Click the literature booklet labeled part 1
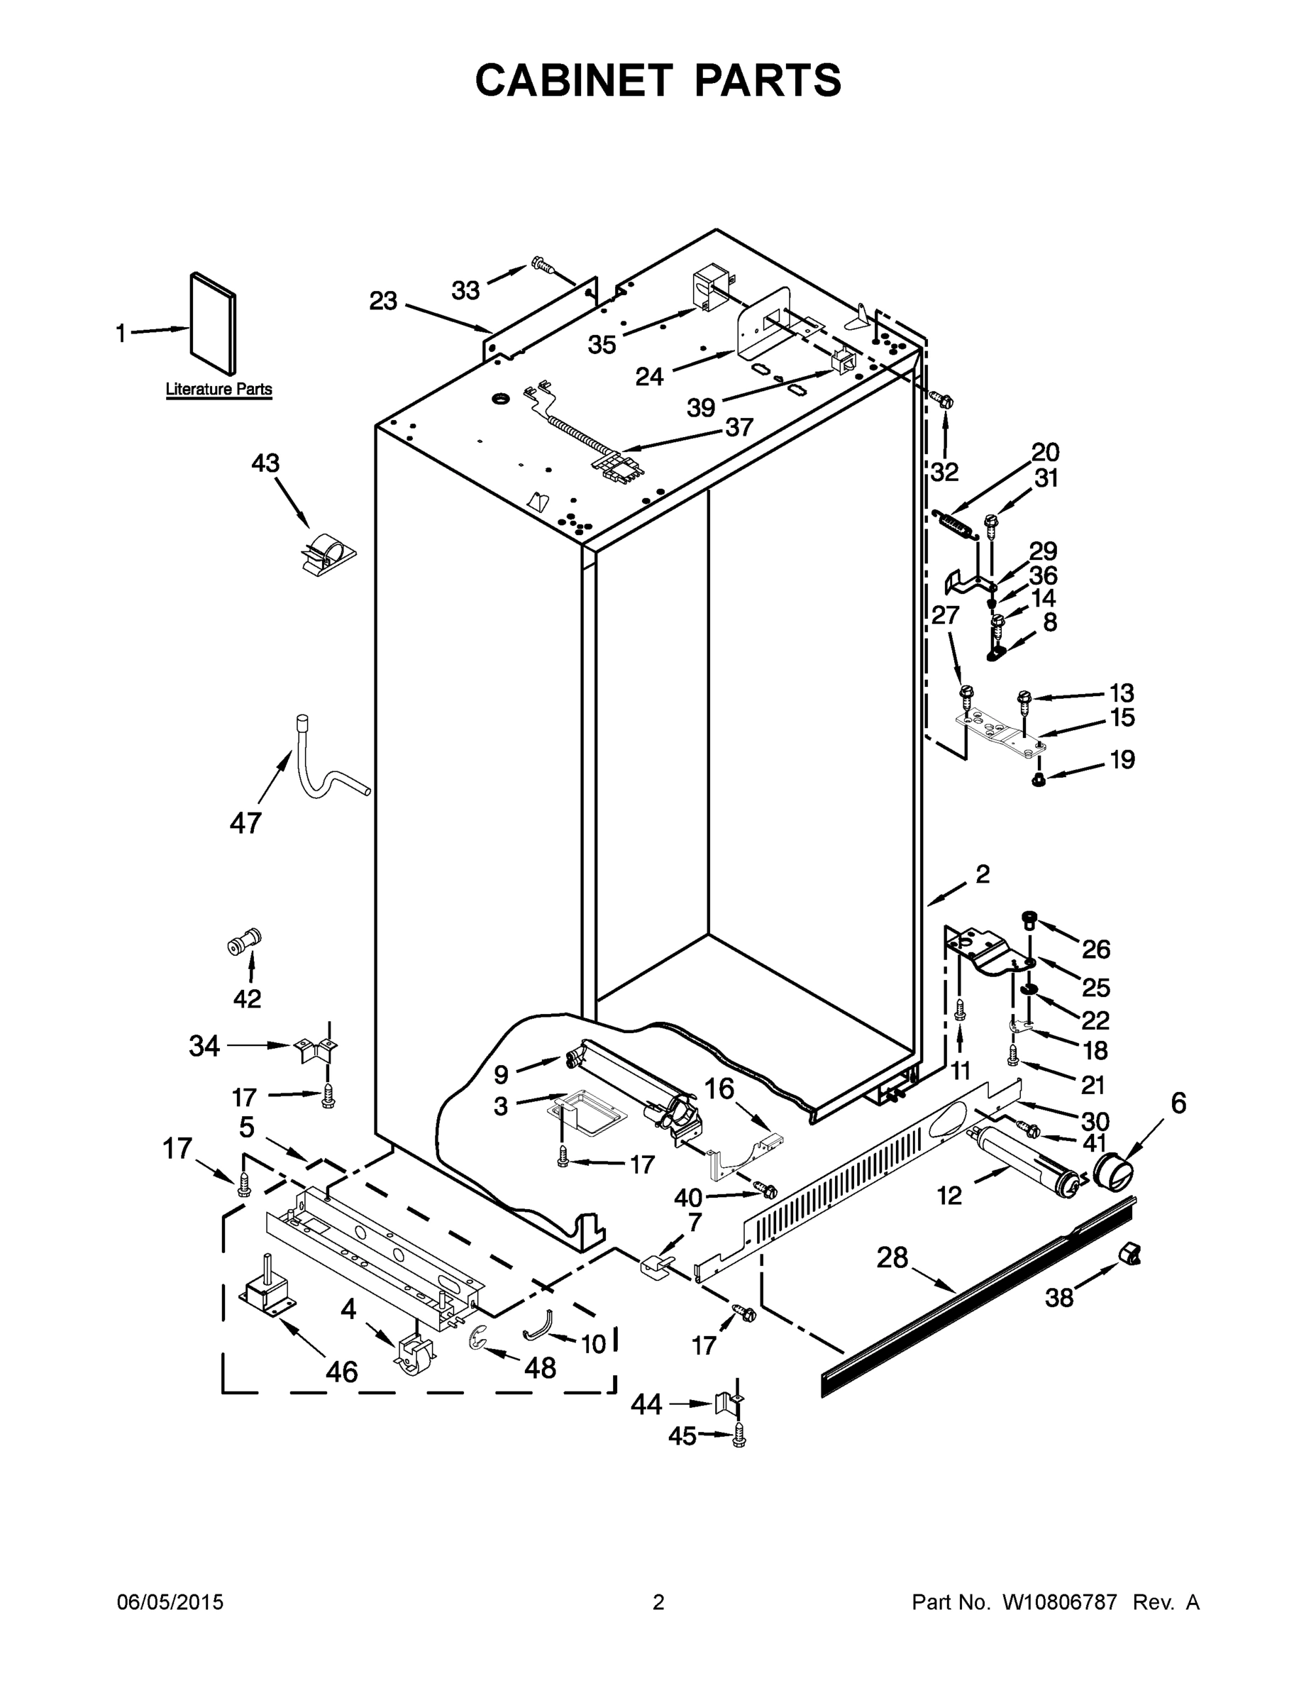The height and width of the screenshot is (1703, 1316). tap(213, 323)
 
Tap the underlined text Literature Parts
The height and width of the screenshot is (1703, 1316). tap(219, 389)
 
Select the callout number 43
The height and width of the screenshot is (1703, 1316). tap(265, 463)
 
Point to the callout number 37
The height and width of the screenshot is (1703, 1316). tap(739, 426)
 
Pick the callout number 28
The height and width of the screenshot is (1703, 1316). tap(892, 1257)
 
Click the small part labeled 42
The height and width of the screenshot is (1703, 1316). tap(243, 944)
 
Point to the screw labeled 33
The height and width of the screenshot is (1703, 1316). tap(542, 266)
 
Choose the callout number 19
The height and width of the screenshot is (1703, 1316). tap(1122, 759)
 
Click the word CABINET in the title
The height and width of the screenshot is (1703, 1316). tap(573, 80)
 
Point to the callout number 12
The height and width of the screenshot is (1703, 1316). tap(949, 1195)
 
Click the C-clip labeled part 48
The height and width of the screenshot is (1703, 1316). tap(477, 1339)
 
